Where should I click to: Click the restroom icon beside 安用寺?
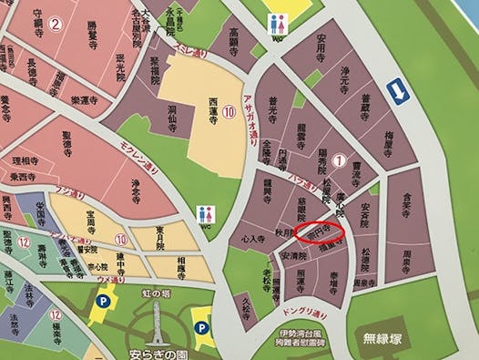click(278, 24)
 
